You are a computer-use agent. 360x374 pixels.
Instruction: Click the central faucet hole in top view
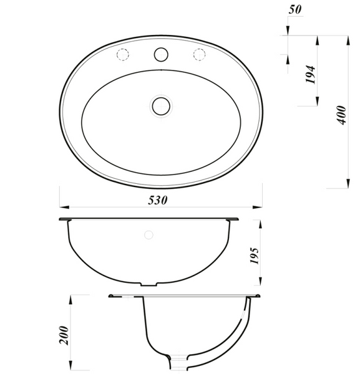(162, 54)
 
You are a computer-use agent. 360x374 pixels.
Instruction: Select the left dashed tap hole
(122, 54)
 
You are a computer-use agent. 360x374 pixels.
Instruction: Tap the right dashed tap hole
(200, 54)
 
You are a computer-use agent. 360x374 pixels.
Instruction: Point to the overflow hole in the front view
(148, 235)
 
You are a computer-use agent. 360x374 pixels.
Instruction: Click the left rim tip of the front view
(61, 219)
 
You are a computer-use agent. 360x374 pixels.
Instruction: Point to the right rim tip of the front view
(237, 219)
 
